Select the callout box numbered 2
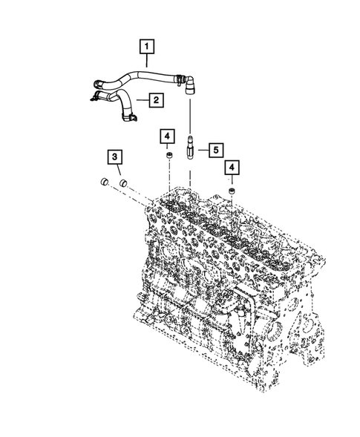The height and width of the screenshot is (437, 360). [157, 99]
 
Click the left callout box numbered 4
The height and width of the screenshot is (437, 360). [168, 136]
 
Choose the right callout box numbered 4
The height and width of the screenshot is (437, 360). [232, 168]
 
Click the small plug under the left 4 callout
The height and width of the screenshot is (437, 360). [169, 157]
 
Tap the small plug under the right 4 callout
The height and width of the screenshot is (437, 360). [232, 191]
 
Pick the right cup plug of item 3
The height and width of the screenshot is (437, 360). [122, 181]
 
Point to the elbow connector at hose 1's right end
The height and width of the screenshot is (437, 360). [189, 82]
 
